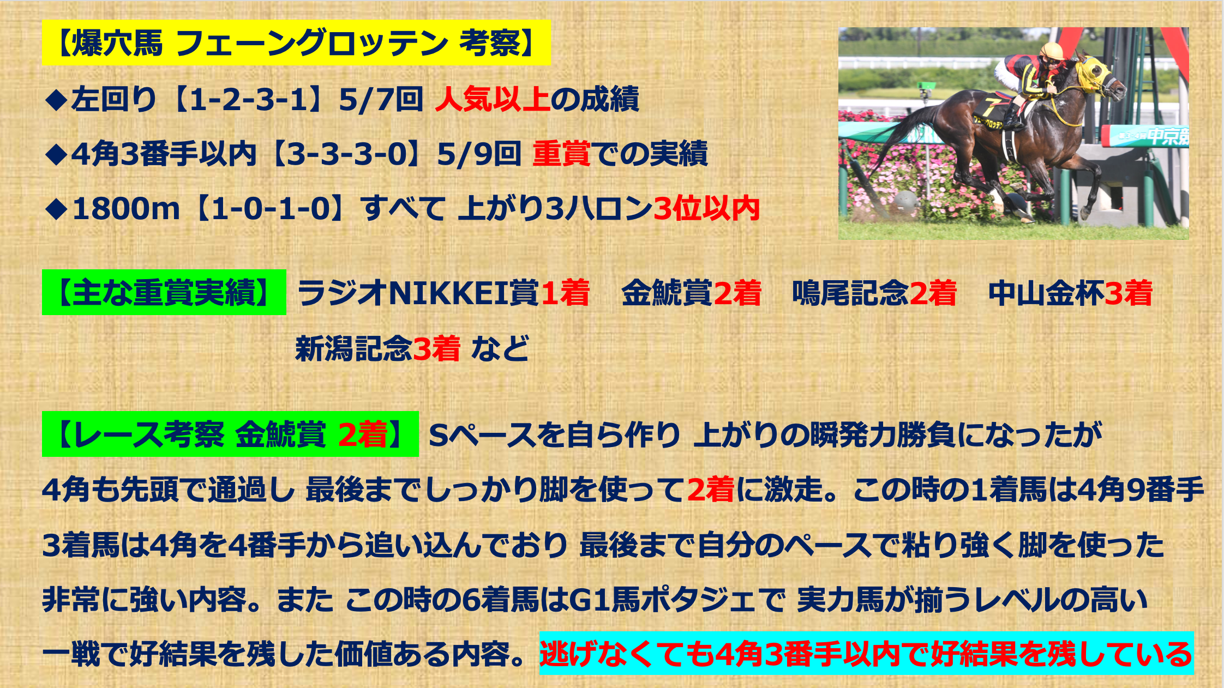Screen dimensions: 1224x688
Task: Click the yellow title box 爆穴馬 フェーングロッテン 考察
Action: click(x=296, y=43)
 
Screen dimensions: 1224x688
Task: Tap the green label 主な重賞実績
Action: click(x=164, y=292)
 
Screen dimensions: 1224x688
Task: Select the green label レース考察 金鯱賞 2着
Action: click(x=230, y=434)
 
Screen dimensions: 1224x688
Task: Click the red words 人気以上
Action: click(x=492, y=99)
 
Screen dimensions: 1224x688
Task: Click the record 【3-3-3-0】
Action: click(x=346, y=154)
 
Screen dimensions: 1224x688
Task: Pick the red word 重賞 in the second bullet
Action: click(x=561, y=154)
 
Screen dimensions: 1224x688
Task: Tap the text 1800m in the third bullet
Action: click(x=126, y=209)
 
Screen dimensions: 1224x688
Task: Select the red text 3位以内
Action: click(x=706, y=209)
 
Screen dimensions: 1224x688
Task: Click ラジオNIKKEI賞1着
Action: click(x=443, y=293)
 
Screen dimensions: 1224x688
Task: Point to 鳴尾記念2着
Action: click(x=874, y=293)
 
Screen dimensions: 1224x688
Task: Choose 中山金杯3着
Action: click(x=1071, y=293)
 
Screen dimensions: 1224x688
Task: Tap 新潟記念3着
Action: click(x=378, y=348)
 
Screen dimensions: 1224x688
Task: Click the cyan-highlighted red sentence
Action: click(x=867, y=653)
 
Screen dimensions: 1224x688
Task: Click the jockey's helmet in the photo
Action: click(x=1051, y=52)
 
